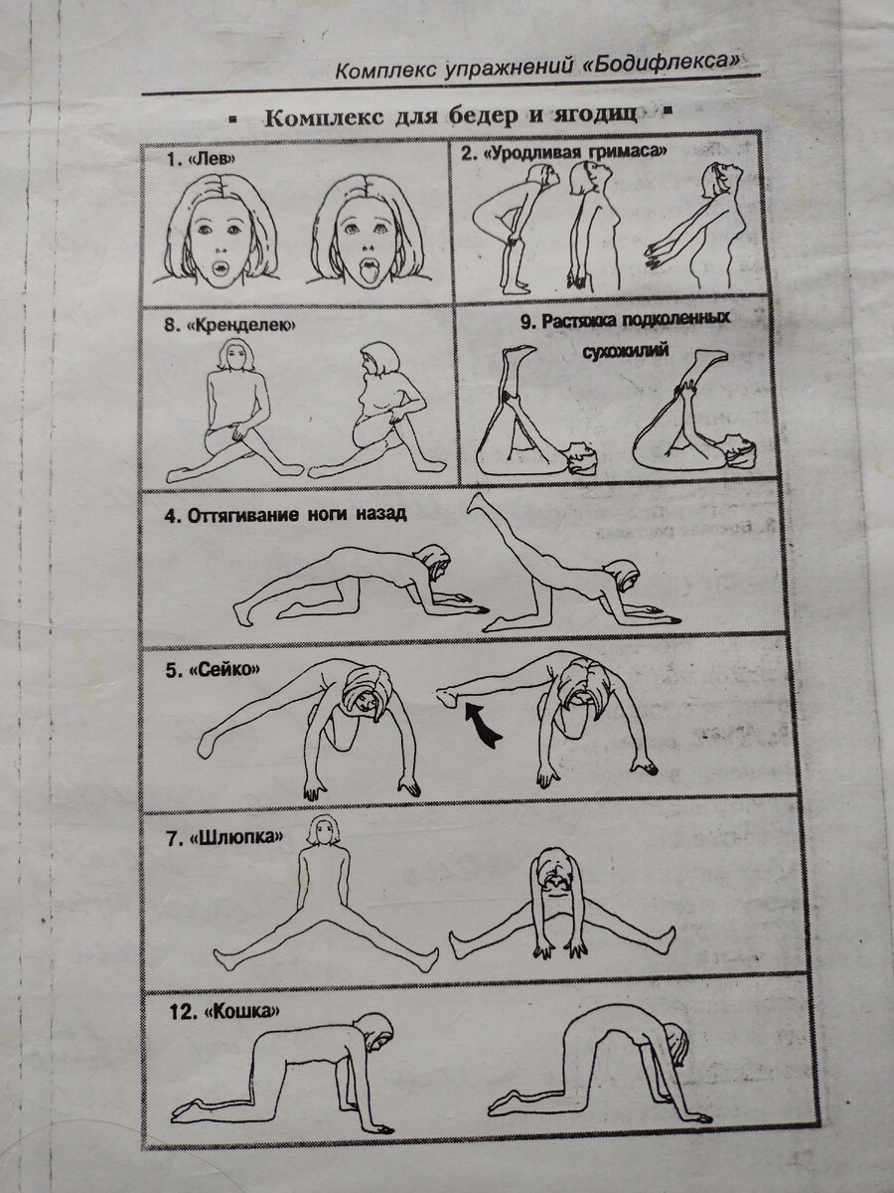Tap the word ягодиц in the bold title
tap(596, 117)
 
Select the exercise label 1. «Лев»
tap(202, 159)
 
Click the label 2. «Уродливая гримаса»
tap(564, 152)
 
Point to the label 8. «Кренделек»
tap(229, 325)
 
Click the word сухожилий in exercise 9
tap(626, 351)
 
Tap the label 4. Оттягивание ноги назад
tap(285, 514)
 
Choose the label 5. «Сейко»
tap(213, 670)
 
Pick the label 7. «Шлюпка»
tap(224, 837)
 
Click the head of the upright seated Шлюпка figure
tap(324, 832)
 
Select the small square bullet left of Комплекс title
tap(232, 117)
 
